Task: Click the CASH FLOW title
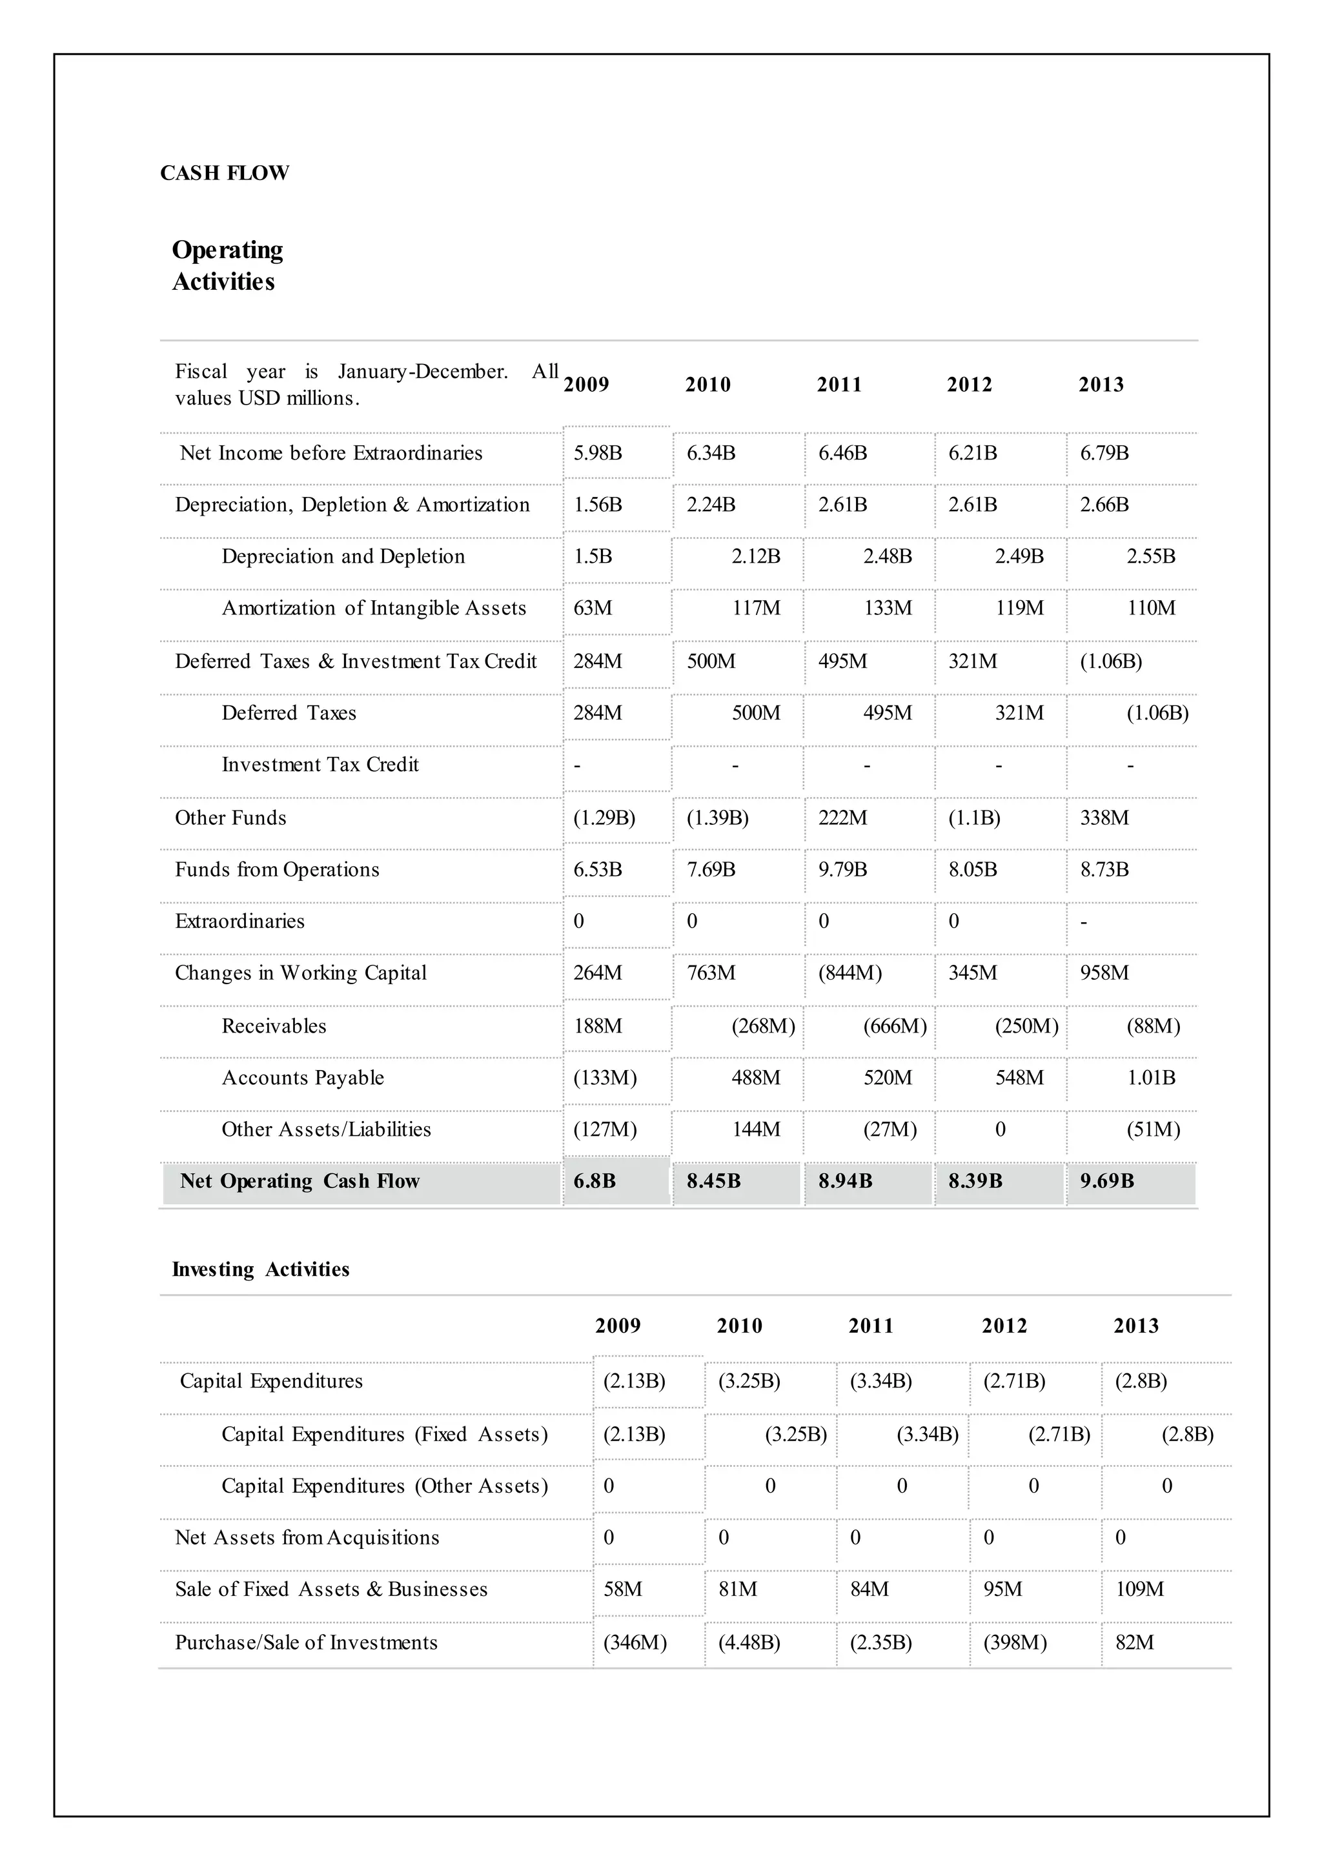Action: (225, 174)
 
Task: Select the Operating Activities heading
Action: (227, 265)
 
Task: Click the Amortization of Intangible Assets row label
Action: (374, 608)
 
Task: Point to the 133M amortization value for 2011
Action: (888, 608)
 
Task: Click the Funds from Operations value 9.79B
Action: (842, 869)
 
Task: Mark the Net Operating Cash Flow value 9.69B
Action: (1106, 1181)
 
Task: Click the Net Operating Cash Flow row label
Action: (300, 1181)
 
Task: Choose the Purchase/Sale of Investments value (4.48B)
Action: (749, 1642)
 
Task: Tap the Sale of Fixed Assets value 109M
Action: (1140, 1589)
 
